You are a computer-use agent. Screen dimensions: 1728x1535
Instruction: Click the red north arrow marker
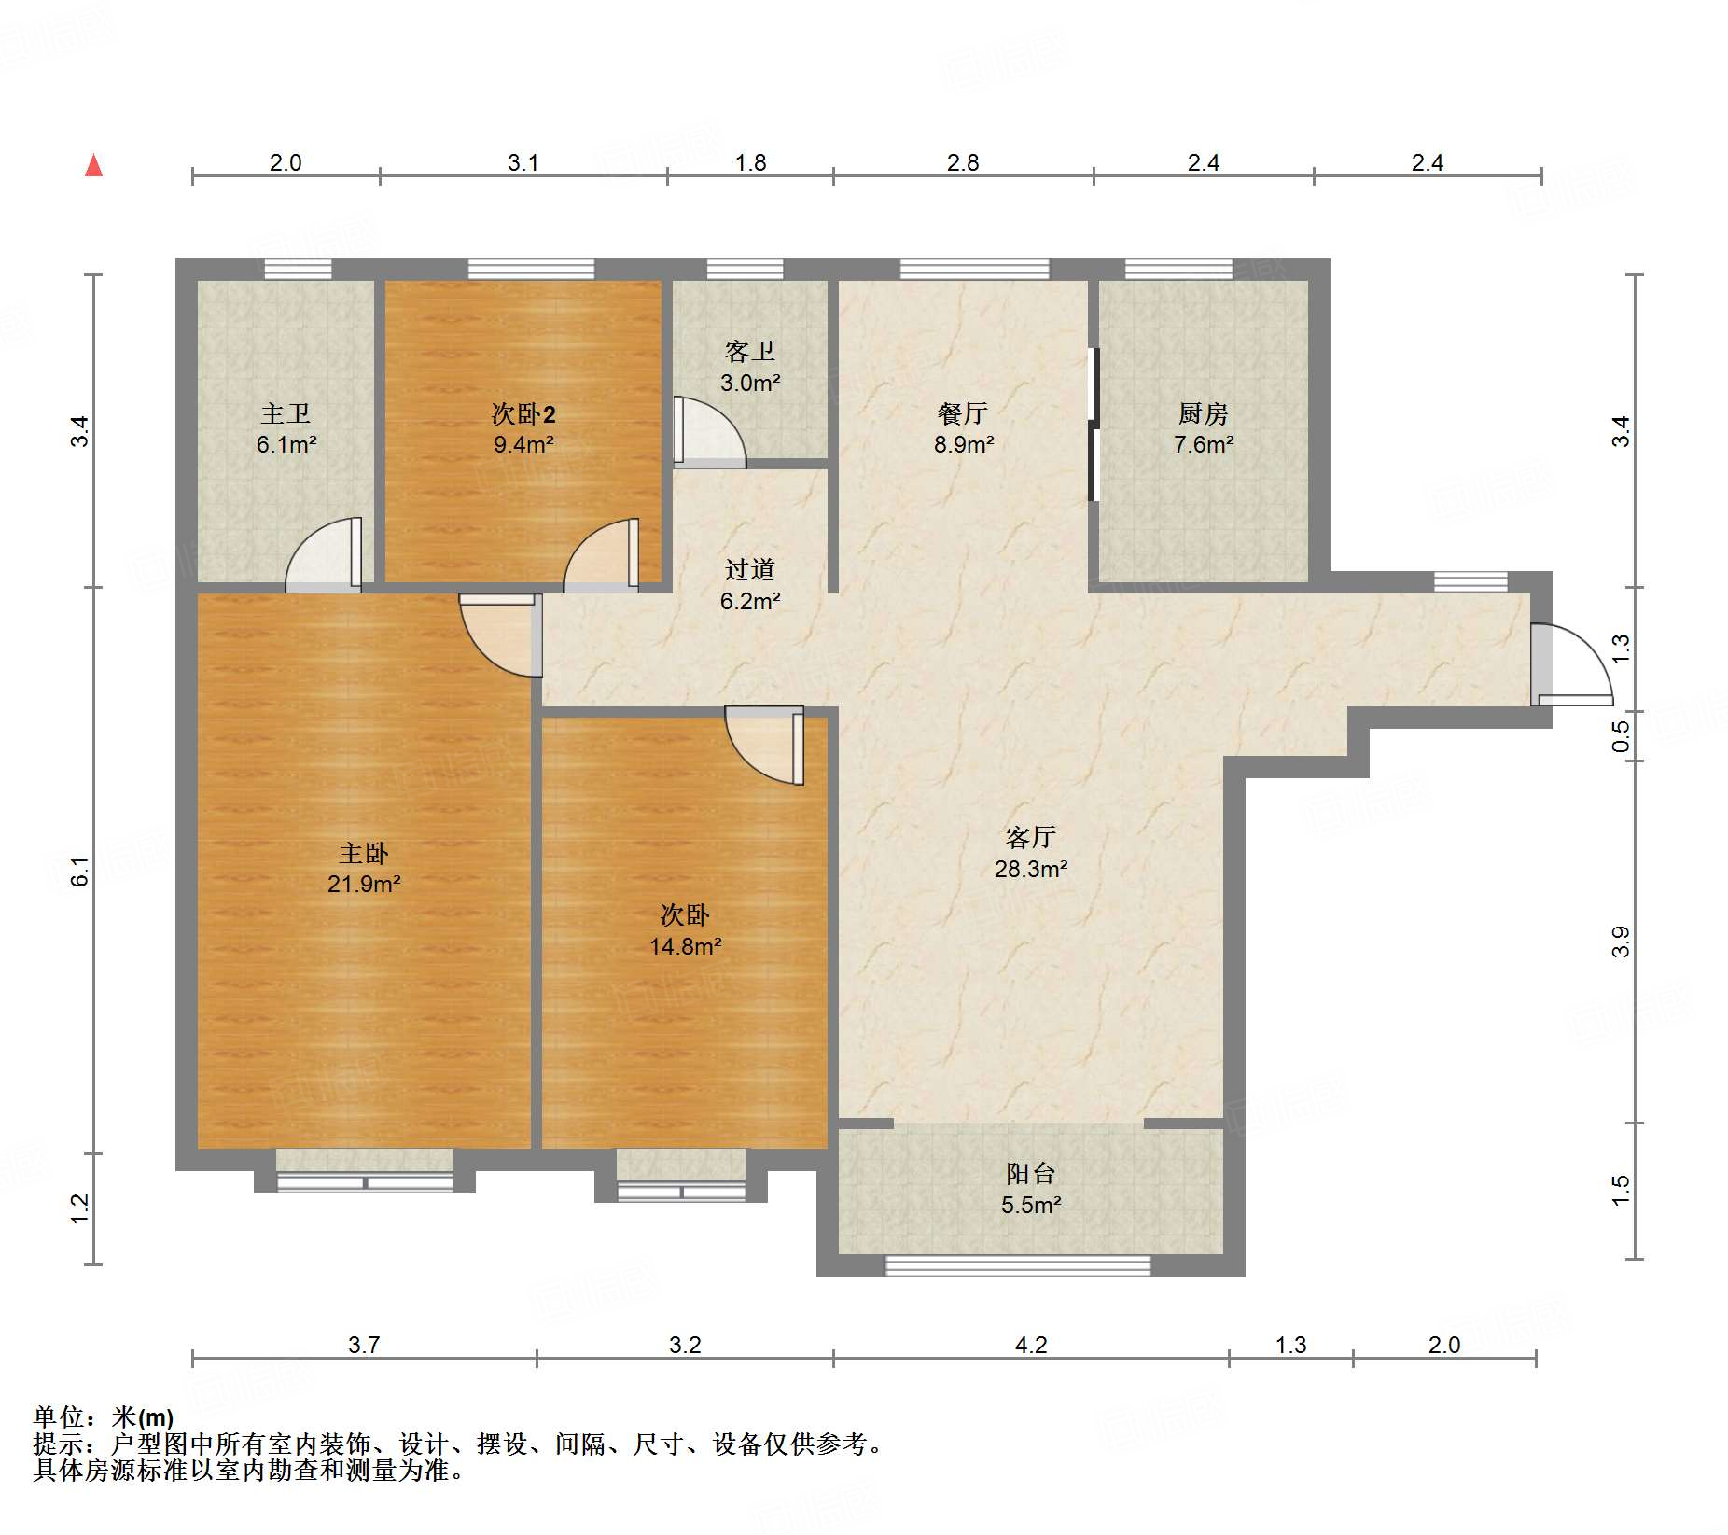point(93,165)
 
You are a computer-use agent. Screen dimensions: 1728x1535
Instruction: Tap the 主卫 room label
point(286,412)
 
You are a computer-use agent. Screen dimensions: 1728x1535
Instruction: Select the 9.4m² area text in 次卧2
point(523,444)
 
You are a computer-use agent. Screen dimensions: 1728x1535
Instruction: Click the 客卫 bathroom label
point(750,351)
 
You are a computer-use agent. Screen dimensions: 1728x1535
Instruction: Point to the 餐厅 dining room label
point(963,412)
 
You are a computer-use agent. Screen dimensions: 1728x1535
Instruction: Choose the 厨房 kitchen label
point(1203,412)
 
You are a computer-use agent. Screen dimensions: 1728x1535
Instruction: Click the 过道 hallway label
point(750,569)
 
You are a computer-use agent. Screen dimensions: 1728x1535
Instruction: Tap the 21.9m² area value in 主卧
point(364,884)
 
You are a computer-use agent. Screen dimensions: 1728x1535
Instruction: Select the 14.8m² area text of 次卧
point(686,946)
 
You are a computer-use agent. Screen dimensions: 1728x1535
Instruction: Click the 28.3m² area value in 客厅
point(1031,869)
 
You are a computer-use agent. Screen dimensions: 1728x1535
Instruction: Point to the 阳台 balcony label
point(1031,1173)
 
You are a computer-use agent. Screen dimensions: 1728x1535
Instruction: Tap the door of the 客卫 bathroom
point(709,432)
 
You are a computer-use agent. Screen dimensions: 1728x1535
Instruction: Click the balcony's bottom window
point(1018,1266)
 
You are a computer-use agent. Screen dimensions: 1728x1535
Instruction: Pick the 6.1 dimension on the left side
point(80,871)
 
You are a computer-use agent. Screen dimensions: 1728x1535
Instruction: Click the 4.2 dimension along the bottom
point(1031,1345)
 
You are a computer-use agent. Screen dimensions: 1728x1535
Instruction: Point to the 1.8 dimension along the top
point(750,162)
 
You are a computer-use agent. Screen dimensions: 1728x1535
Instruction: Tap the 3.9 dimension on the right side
point(1621,942)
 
